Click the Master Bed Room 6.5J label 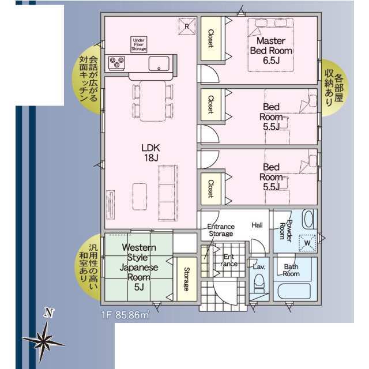pyautogui.click(x=271, y=51)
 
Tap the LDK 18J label pyautogui.click(x=151, y=153)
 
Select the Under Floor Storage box pyautogui.click(x=139, y=44)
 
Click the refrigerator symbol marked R pyautogui.click(x=187, y=27)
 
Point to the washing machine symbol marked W pyautogui.click(x=307, y=243)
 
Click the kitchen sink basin pyautogui.click(x=159, y=63)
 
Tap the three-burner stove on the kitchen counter pyautogui.click(x=116, y=63)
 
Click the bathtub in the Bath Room pyautogui.click(x=294, y=291)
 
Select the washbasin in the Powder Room pyautogui.click(x=308, y=219)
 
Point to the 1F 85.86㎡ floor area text pyautogui.click(x=125, y=315)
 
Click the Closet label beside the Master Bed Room pyautogui.click(x=210, y=39)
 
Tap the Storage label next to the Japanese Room pyautogui.click(x=186, y=279)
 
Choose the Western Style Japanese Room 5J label pyautogui.click(x=139, y=267)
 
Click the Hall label pyautogui.click(x=257, y=225)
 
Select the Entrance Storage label pyautogui.click(x=221, y=230)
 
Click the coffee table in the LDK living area pyautogui.click(x=140, y=197)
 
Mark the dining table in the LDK pyautogui.click(x=153, y=101)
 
